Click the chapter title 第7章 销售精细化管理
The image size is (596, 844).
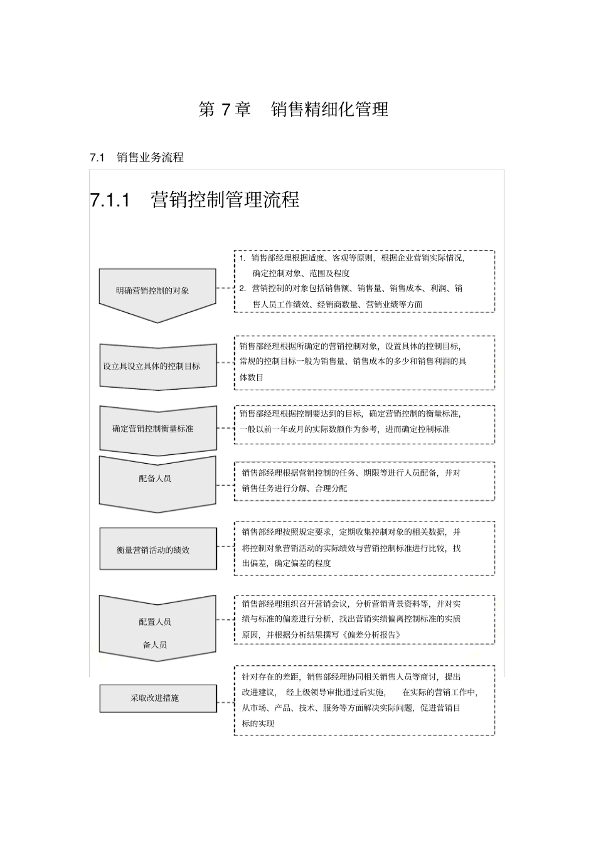[294, 109]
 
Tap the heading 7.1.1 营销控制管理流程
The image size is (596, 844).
[194, 200]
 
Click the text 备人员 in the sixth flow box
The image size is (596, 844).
[155, 644]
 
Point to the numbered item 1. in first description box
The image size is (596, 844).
[243, 258]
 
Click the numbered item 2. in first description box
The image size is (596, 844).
[243, 289]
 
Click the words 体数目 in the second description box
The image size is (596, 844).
[252, 377]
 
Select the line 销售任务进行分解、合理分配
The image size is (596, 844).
[294, 488]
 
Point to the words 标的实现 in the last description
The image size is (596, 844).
[258, 723]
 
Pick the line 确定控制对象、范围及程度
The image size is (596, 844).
[301, 273]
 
